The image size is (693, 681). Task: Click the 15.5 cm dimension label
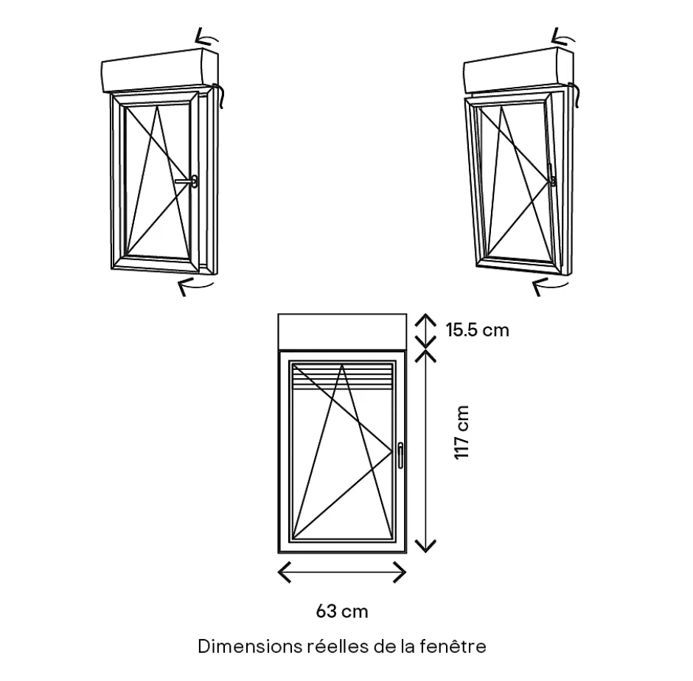pyautogui.click(x=477, y=329)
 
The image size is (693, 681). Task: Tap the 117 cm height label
pyautogui.click(x=462, y=433)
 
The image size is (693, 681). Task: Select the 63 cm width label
pyautogui.click(x=342, y=611)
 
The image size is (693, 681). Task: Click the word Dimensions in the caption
pyautogui.click(x=248, y=646)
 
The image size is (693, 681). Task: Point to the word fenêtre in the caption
pyautogui.click(x=453, y=646)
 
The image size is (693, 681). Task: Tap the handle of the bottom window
pyautogui.click(x=400, y=455)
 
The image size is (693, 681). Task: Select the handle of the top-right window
pyautogui.click(x=552, y=178)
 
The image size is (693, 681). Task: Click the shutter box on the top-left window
pyautogui.click(x=159, y=70)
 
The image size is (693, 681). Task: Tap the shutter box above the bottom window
pyautogui.click(x=342, y=331)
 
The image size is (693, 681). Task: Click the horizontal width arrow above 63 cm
pyautogui.click(x=342, y=571)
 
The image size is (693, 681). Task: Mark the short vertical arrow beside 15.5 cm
pyautogui.click(x=425, y=329)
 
